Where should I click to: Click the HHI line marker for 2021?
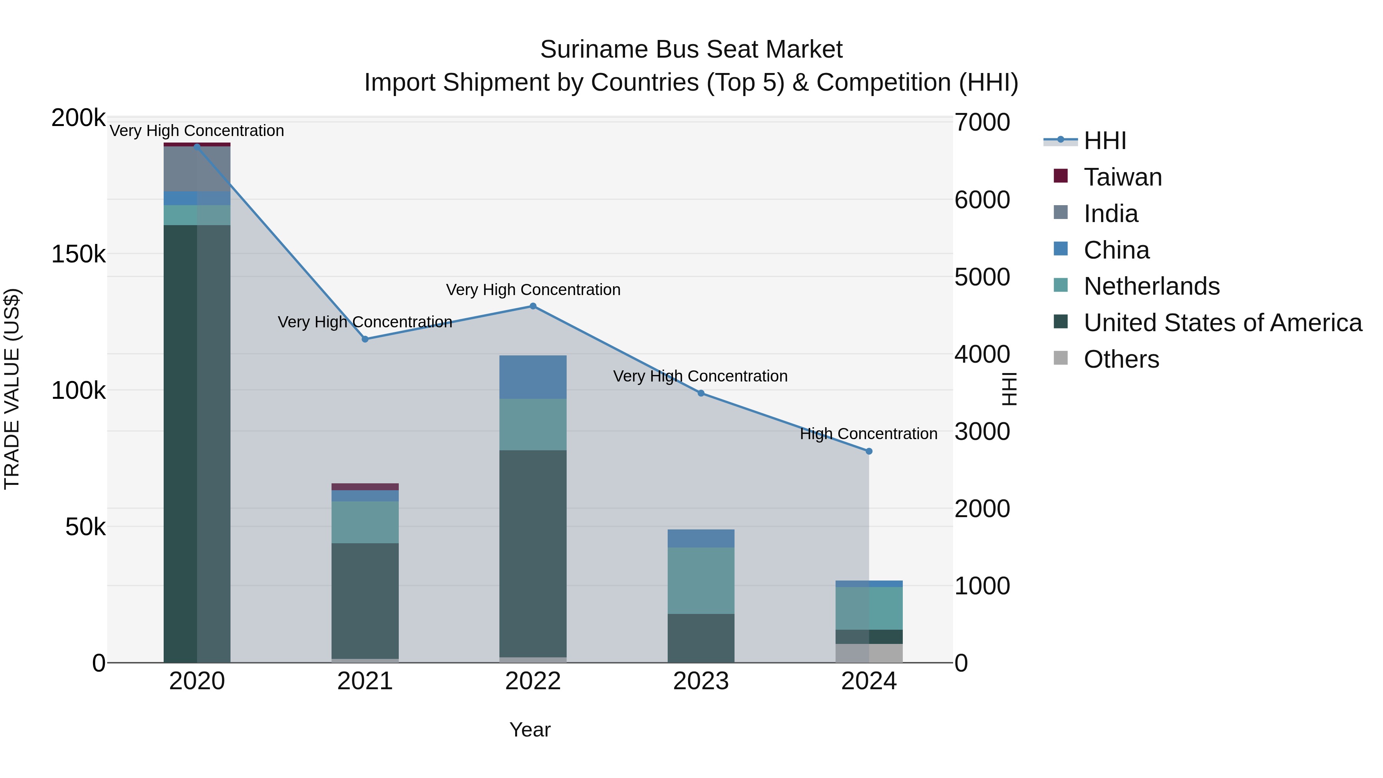[365, 339]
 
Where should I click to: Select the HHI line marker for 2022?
[532, 306]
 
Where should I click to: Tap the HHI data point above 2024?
[869, 451]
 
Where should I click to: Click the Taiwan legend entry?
[1122, 177]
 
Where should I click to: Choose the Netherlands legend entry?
[1151, 286]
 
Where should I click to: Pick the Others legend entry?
[1121, 359]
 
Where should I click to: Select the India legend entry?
[1110, 214]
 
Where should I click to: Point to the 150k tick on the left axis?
[78, 254]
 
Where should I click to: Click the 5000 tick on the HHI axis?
[982, 277]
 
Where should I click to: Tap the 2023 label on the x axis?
[701, 681]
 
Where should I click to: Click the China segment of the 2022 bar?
[532, 377]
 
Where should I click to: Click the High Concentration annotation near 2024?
[868, 433]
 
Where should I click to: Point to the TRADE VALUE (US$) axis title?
[12, 389]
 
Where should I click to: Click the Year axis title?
[529, 730]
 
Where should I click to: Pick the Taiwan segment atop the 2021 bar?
[365, 486]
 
